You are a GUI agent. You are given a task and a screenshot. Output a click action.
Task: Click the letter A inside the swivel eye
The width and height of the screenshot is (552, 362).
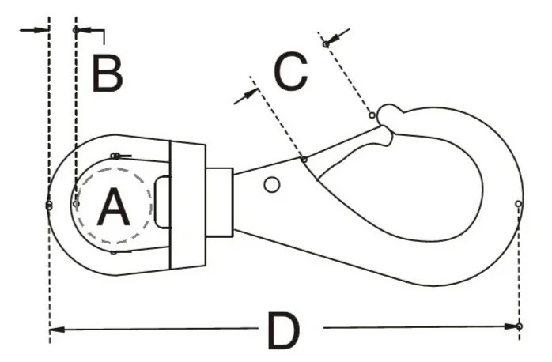pyautogui.click(x=113, y=209)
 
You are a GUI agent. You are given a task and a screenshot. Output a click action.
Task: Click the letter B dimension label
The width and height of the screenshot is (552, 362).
pyautogui.click(x=107, y=74)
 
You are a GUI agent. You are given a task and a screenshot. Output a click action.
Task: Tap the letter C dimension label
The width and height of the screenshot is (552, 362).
pyautogui.click(x=289, y=72)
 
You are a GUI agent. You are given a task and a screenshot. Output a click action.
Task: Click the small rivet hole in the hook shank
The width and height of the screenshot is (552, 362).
pyautogui.click(x=271, y=185)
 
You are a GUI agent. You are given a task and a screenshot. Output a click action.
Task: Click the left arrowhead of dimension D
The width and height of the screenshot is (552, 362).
pyautogui.click(x=55, y=326)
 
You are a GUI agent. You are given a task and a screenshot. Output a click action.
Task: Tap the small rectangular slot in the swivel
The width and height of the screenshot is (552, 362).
pyautogui.click(x=162, y=202)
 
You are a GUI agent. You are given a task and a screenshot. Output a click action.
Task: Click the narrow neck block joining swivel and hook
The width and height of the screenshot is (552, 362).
pyautogui.click(x=219, y=202)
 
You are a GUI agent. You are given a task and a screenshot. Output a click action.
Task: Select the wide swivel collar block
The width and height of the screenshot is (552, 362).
pyautogui.click(x=187, y=204)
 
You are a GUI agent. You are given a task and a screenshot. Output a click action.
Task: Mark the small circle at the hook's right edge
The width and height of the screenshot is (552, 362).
pyautogui.click(x=518, y=204)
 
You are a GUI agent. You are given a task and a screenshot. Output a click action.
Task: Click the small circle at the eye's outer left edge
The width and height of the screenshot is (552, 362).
pyautogui.click(x=49, y=206)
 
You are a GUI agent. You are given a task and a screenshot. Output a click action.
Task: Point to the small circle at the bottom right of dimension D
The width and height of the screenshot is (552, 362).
pyautogui.click(x=519, y=326)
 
